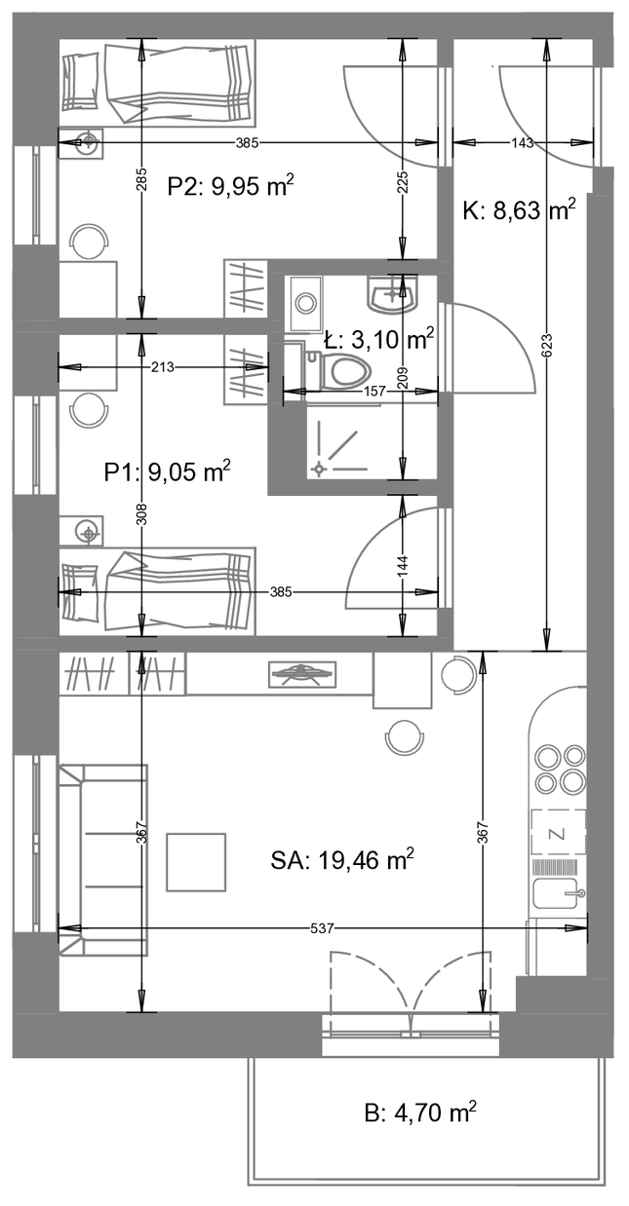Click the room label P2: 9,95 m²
tap(231, 186)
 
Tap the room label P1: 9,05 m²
tap(168, 472)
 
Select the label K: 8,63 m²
tap(519, 210)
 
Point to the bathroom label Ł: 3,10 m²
tap(379, 339)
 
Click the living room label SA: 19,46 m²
tap(342, 861)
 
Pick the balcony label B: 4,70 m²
tap(420, 1112)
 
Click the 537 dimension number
tap(323, 928)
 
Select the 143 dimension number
tap(521, 142)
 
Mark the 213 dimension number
tap(163, 367)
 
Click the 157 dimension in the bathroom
tap(375, 391)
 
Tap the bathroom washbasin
tap(393, 294)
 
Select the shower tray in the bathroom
tap(372, 441)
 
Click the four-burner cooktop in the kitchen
tap(560, 768)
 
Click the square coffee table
tap(196, 862)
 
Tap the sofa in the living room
tap(103, 859)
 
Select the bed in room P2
tap(156, 85)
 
